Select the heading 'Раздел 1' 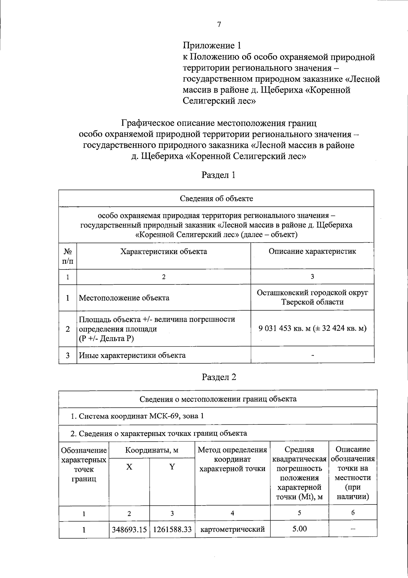coord(219,175)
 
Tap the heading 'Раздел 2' coord(219,377)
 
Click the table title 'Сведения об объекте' coord(216,199)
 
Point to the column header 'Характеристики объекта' coord(164,252)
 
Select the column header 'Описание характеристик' coord(312,251)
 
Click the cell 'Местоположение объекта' coord(124,298)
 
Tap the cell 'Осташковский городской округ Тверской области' coord(312,297)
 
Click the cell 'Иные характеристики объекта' coord(132,355)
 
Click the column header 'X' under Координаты coord(129,467)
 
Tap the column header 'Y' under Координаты coord(172,467)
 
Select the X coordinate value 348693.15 coord(129,530)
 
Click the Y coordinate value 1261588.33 coord(172,530)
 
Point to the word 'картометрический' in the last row coord(233,530)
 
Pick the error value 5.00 coord(299,529)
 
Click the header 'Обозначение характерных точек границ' coord(84,465)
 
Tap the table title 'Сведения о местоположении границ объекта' coord(218,399)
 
